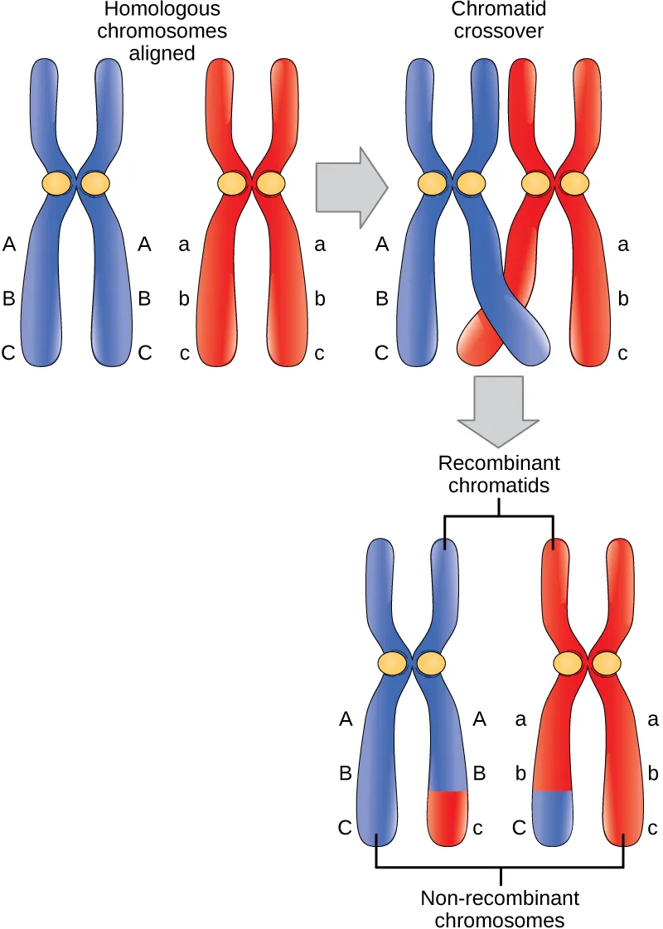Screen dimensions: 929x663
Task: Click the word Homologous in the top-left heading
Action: tap(162, 11)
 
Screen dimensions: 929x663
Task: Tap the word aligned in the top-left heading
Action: tap(162, 52)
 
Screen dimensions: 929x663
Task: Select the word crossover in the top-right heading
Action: tap(497, 31)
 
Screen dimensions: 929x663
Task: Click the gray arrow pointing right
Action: tap(351, 187)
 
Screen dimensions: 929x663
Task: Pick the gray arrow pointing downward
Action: tap(497, 408)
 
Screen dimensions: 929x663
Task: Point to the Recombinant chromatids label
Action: tap(498, 474)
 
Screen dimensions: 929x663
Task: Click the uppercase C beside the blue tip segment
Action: tap(520, 827)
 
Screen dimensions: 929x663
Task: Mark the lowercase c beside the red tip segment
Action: tap(478, 827)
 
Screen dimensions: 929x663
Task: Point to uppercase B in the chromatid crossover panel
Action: tap(381, 298)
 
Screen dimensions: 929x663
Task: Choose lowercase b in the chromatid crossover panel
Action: tap(623, 298)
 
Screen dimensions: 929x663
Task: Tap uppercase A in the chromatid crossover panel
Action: tap(381, 244)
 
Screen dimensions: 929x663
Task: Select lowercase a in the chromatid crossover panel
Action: tap(623, 244)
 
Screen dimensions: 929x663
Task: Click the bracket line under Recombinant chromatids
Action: tap(499, 516)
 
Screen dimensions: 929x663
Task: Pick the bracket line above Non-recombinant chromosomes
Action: tap(500, 868)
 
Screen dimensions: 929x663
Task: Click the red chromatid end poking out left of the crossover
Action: tap(473, 339)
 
